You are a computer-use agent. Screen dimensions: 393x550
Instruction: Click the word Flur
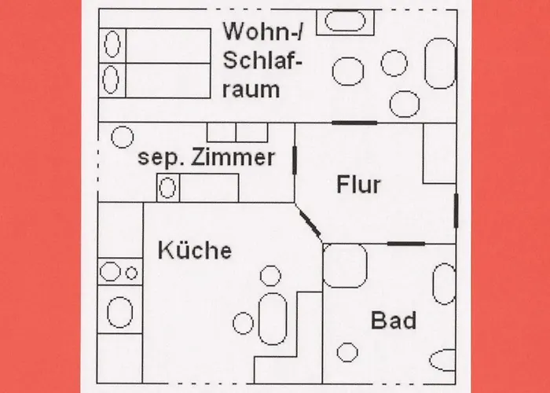[x=358, y=185]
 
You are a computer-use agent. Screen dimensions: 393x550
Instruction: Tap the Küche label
[x=195, y=251]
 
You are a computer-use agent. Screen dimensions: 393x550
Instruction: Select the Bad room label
[x=394, y=321]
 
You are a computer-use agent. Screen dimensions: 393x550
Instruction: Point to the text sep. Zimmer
[x=207, y=157]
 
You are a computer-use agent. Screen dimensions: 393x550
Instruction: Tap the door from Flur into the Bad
[x=405, y=244]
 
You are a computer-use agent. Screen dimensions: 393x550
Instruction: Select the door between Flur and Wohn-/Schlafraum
[x=354, y=123]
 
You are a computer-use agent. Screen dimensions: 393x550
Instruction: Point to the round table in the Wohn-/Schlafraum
[x=348, y=72]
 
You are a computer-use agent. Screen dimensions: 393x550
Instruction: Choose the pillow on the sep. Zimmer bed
[x=167, y=189]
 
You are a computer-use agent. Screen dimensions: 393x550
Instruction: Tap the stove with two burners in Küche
[x=119, y=273]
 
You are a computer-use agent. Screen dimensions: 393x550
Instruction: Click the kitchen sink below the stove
[x=119, y=312]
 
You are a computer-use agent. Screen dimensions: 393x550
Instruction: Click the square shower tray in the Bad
[x=346, y=266]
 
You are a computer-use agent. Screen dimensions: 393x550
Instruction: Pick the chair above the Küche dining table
[x=271, y=276]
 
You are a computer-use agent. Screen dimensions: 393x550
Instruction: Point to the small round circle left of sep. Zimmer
[x=121, y=138]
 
